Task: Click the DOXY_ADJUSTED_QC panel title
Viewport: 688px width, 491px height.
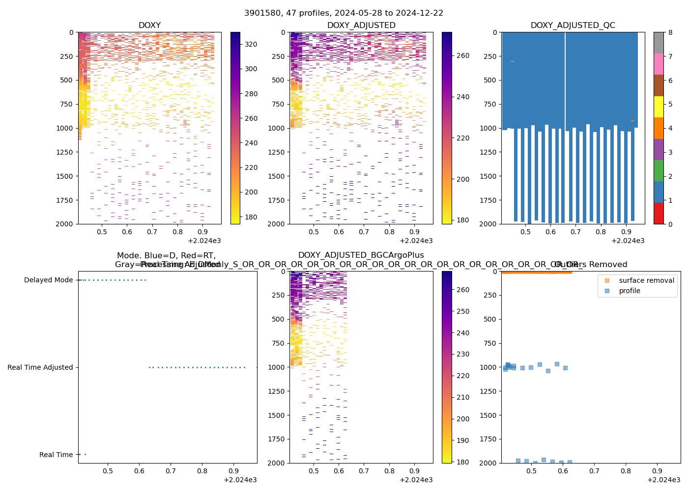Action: click(573, 26)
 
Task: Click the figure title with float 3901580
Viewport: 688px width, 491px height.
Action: click(344, 13)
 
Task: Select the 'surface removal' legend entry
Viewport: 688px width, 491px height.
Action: click(646, 280)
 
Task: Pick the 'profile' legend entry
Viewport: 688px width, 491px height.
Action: click(630, 291)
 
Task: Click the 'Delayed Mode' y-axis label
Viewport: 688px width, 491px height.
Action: click(48, 280)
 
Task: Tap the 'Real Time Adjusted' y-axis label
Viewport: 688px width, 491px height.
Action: click(40, 367)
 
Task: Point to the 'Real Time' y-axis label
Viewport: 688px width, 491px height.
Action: click(56, 455)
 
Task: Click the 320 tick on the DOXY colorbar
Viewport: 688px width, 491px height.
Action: click(251, 44)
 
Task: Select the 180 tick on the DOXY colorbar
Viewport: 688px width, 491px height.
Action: click(251, 217)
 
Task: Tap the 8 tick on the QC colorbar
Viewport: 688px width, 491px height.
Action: click(670, 32)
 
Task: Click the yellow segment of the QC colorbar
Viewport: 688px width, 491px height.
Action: click(659, 107)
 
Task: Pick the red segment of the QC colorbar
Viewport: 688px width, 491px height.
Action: click(659, 214)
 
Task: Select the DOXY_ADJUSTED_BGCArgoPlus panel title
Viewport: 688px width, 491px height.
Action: click(361, 255)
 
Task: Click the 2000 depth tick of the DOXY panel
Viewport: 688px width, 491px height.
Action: click(64, 224)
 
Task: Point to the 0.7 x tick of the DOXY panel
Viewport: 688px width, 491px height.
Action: click(152, 232)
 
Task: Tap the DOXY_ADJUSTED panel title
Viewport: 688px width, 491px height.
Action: click(361, 26)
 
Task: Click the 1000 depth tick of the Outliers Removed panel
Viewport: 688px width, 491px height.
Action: click(488, 367)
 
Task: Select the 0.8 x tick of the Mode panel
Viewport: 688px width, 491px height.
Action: click(202, 471)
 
